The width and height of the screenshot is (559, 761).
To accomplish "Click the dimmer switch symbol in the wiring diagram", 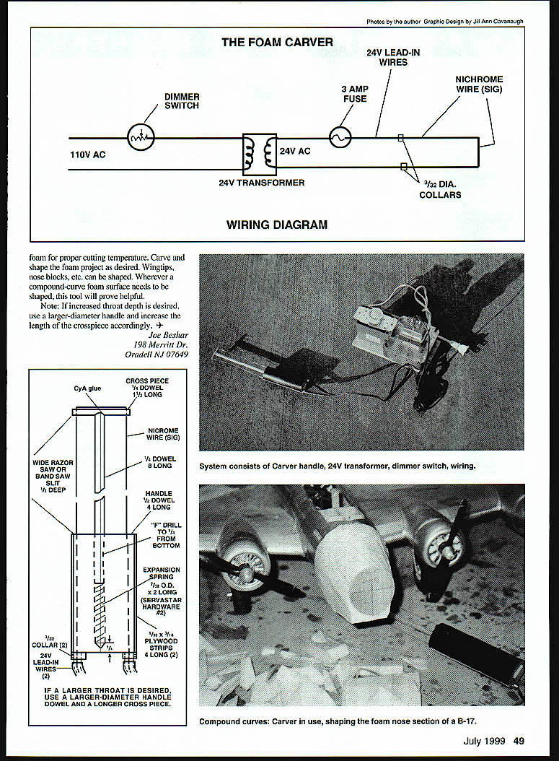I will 141,136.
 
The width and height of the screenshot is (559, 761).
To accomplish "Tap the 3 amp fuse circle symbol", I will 340,136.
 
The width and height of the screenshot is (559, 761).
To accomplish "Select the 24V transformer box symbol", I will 260,153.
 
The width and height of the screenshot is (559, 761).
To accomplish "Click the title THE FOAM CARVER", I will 277,43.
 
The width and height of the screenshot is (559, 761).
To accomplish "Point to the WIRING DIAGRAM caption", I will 277,225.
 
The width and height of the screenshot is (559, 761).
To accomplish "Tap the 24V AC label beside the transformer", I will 294,152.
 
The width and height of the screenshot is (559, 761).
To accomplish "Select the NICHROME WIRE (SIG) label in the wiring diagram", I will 479,84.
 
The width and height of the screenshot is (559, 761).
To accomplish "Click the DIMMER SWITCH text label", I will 182,101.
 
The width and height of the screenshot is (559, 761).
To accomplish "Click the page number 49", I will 519,739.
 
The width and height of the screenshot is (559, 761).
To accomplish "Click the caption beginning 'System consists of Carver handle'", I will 338,466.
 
